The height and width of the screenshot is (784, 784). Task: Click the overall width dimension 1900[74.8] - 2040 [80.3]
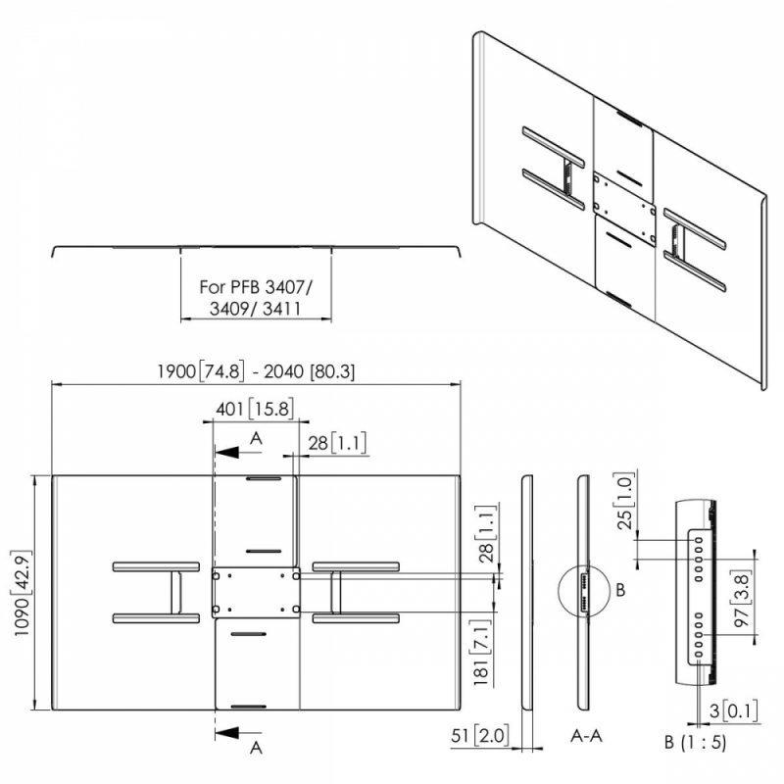256,371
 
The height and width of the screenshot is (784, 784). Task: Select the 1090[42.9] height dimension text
23,593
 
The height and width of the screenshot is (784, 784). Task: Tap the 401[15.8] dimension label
255,409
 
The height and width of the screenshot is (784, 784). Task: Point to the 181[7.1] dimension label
481,653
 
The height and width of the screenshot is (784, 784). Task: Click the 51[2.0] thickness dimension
480,736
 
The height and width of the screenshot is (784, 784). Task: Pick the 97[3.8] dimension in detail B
742,600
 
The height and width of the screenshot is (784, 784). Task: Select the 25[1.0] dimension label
625,501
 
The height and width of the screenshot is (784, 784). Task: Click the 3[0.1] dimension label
733,711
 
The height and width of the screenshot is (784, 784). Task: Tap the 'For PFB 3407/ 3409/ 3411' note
256,298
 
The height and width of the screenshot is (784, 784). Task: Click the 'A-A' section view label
586,736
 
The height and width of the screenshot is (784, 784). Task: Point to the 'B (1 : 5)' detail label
695,743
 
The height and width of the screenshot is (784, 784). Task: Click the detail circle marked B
584,592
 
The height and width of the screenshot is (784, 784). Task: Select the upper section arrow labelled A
238,452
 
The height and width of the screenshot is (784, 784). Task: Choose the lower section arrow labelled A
238,733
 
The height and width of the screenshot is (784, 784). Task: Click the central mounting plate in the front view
256,593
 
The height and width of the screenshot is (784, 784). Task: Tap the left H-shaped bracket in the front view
156,593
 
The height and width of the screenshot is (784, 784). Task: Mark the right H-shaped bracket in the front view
356,593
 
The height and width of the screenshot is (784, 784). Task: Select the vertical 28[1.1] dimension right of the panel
486,534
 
